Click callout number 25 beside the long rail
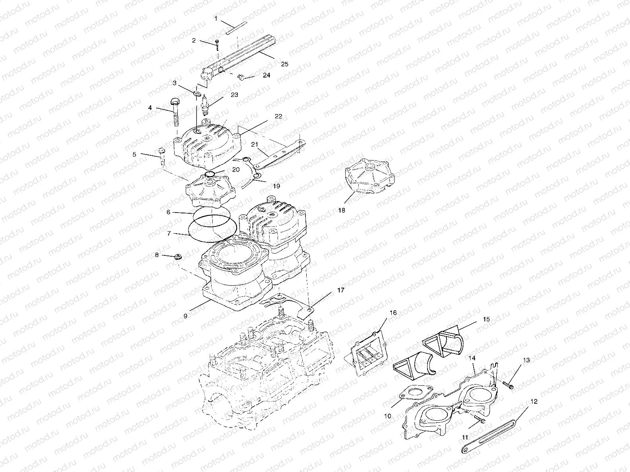284,64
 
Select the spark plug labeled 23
205,101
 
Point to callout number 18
342,210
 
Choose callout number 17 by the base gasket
341,290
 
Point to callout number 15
486,319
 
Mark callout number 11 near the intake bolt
465,437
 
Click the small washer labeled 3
196,94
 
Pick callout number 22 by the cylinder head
278,116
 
